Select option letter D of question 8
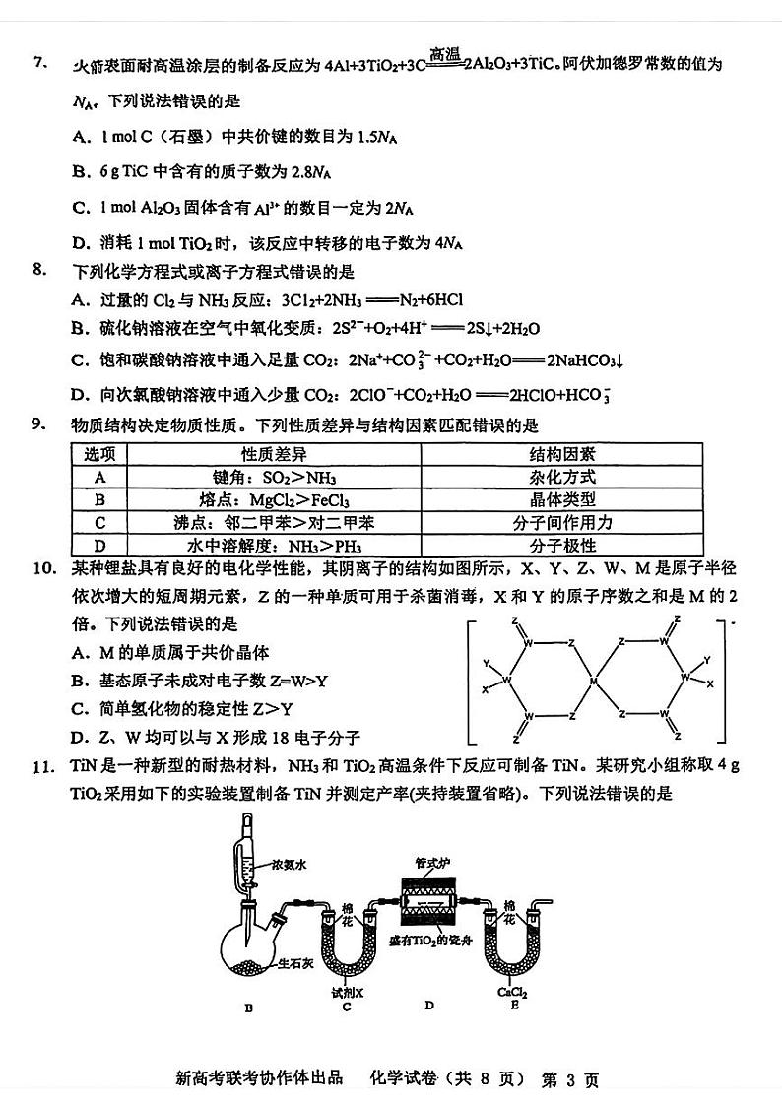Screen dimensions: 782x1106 coord(81,395)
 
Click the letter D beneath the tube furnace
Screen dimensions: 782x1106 coord(429,1006)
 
